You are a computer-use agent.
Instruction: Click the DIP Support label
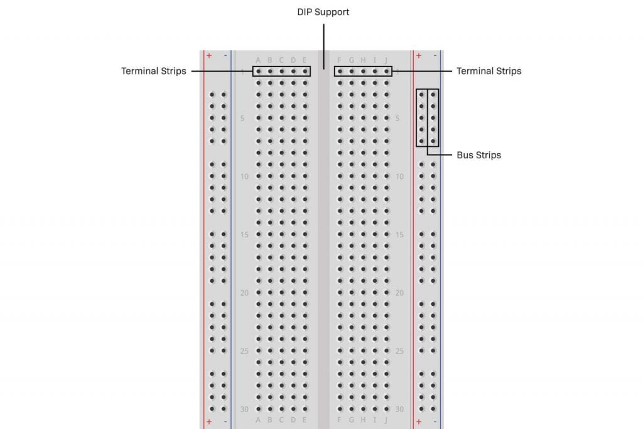click(x=323, y=12)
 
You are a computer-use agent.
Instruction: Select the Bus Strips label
click(x=478, y=155)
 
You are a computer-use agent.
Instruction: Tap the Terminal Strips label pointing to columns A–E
click(x=154, y=71)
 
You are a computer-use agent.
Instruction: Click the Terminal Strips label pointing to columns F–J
click(x=489, y=71)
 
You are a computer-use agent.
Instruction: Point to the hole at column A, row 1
click(x=258, y=71)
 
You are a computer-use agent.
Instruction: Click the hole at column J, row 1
click(x=386, y=71)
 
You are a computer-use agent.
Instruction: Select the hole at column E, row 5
click(x=305, y=117)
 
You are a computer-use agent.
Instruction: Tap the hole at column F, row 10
click(x=340, y=176)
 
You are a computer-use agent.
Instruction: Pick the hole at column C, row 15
click(x=281, y=234)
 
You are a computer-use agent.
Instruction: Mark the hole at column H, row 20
click(x=363, y=293)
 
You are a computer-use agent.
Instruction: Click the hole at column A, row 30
click(x=258, y=409)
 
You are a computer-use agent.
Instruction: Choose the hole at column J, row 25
click(x=386, y=350)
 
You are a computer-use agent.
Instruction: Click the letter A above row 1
click(x=258, y=60)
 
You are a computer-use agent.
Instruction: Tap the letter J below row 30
click(x=386, y=420)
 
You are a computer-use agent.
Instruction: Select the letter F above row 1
click(x=340, y=60)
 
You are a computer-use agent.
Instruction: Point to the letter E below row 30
click(x=305, y=420)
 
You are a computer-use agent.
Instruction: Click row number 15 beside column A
click(x=244, y=234)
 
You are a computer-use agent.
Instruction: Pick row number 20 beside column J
click(x=399, y=293)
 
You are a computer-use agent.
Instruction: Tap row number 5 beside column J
click(x=398, y=118)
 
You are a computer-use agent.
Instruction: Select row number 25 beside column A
click(x=244, y=350)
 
